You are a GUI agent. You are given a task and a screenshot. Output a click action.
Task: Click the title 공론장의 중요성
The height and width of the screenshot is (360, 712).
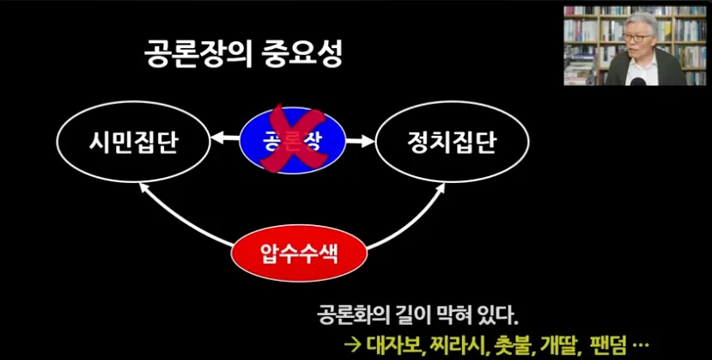[x=242, y=58]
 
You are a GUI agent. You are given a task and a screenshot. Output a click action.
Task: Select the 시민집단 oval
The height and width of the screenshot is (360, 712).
[x=133, y=141]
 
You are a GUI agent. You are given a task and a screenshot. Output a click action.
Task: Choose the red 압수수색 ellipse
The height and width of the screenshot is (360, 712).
[x=301, y=254]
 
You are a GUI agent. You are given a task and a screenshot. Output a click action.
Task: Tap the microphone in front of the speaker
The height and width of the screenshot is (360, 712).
[x=640, y=80]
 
